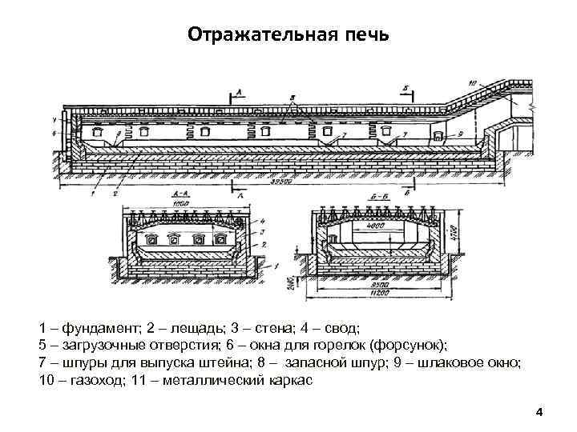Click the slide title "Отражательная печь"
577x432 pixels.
coord(288,35)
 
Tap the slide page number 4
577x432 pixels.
coord(539,412)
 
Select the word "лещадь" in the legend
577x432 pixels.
coord(186,328)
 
